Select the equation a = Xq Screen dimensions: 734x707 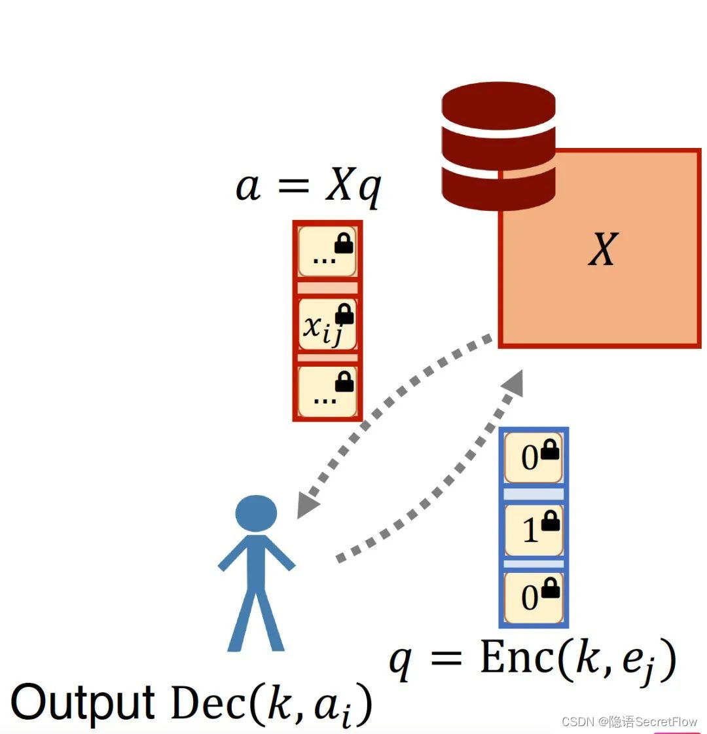[x=308, y=187]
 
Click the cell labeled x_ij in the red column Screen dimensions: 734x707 [x=327, y=325]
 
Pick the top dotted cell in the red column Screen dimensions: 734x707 [x=327, y=252]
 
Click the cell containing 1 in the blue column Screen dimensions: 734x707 [x=534, y=529]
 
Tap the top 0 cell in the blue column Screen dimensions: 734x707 [x=534, y=457]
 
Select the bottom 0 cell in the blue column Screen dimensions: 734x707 [x=534, y=597]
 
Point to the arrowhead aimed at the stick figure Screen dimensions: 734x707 [x=306, y=505]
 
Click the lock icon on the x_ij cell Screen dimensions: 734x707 [x=344, y=314]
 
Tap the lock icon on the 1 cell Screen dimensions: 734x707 [x=551, y=521]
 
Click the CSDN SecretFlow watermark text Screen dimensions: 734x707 [x=629, y=722]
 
